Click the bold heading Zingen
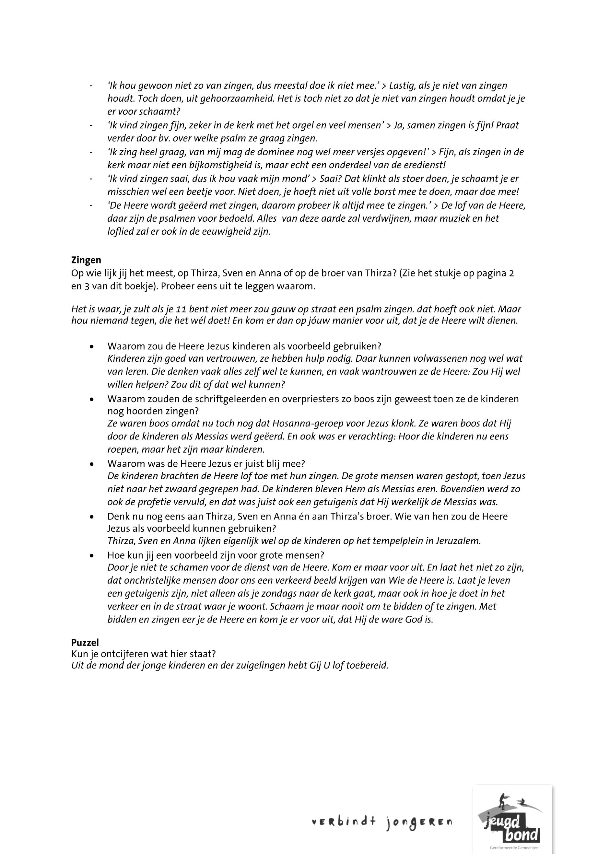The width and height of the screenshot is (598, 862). [86, 260]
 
